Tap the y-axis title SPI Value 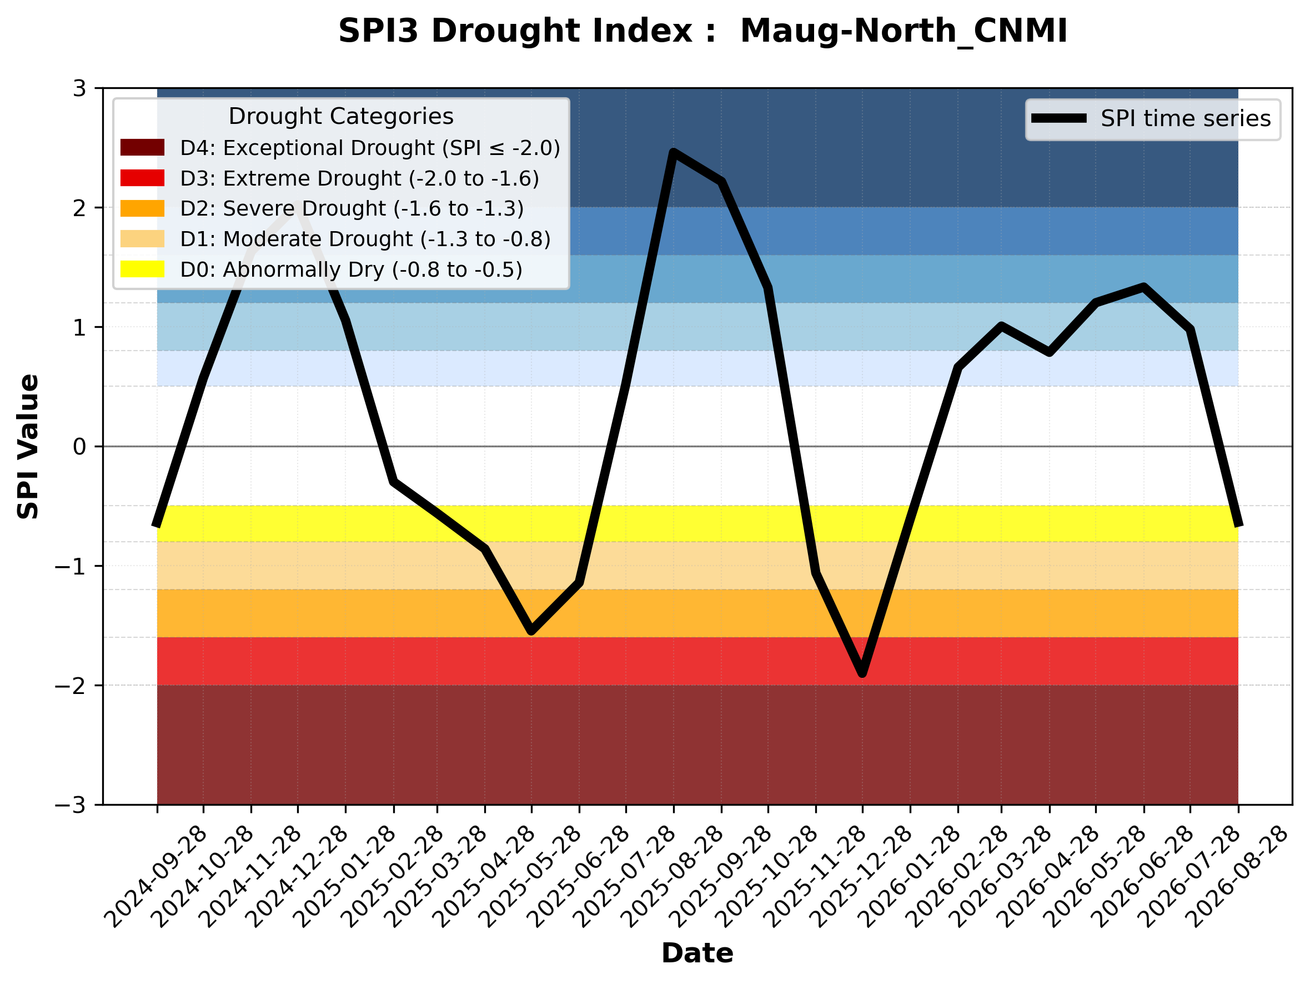[28, 447]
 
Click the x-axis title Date [697, 953]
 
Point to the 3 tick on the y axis [79, 89]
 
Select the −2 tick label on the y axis [71, 686]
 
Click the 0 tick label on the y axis [79, 447]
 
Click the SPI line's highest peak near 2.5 [674, 152]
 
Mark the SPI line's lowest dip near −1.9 [862, 673]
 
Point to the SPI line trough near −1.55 [531, 632]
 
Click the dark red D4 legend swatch [142, 147]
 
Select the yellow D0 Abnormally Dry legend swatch [142, 269]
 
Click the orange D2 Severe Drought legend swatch [142, 208]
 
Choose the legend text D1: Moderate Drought [296, 239]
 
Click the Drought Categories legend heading [341, 116]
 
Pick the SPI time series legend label [1186, 118]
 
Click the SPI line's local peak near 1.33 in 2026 [1143, 287]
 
